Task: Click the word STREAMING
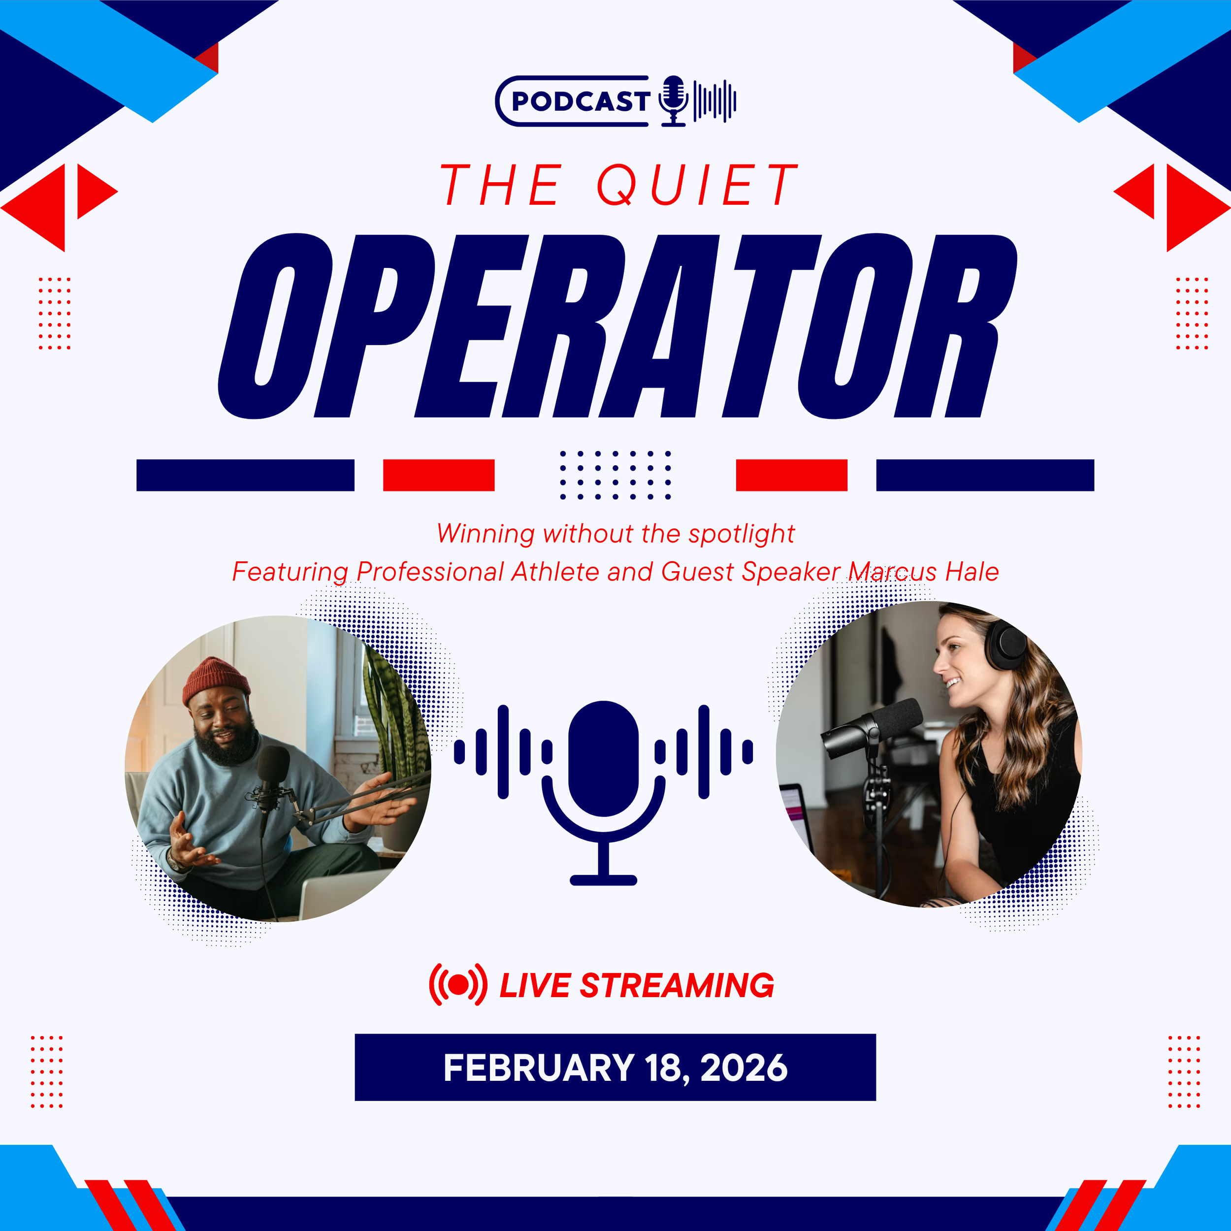pyautogui.click(x=677, y=986)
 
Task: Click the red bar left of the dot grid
pyautogui.click(x=438, y=475)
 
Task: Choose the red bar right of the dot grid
pyautogui.click(x=791, y=475)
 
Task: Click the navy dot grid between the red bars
pyautogui.click(x=615, y=475)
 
